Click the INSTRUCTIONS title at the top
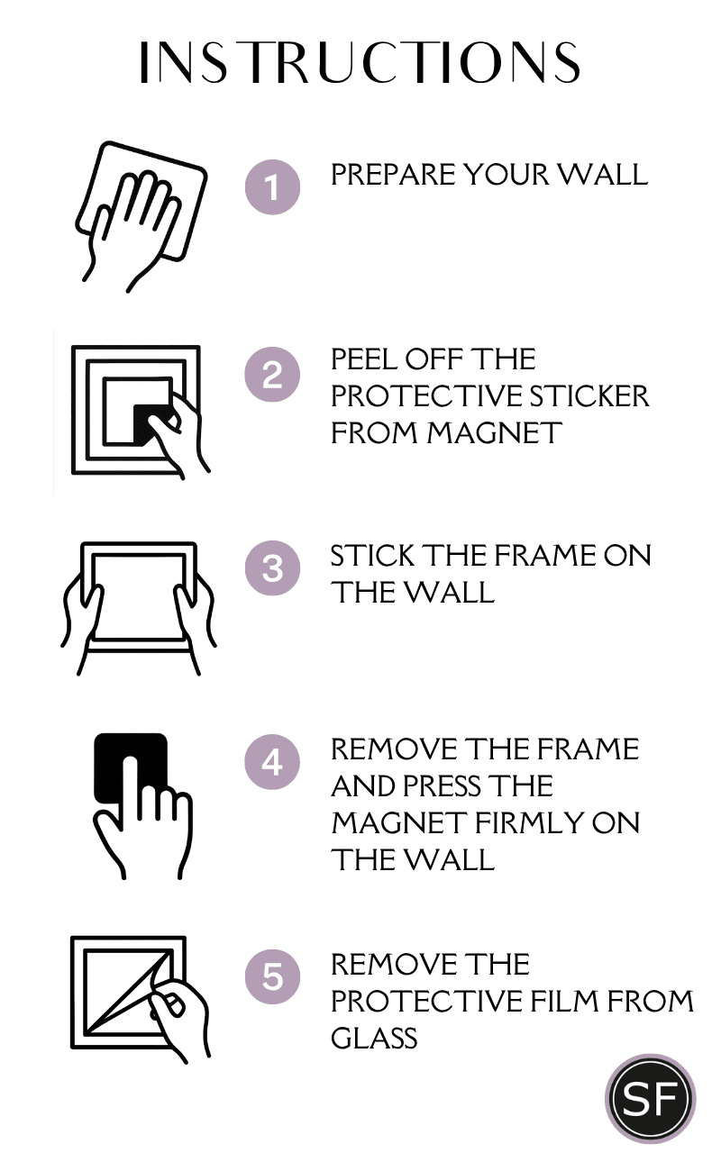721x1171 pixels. [x=360, y=62]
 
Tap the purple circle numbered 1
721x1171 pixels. [x=272, y=187]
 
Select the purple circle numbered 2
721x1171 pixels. [x=272, y=375]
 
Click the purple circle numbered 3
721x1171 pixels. [x=272, y=567]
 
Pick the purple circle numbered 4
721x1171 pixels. [x=272, y=762]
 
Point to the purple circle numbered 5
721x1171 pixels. [x=272, y=976]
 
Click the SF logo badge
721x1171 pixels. [x=651, y=1099]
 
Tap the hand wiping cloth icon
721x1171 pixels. [x=141, y=216]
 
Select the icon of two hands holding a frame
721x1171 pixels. [x=139, y=609]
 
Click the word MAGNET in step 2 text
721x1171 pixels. [x=494, y=433]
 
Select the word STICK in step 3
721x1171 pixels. [x=372, y=556]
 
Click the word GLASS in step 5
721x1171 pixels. [x=374, y=1039]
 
